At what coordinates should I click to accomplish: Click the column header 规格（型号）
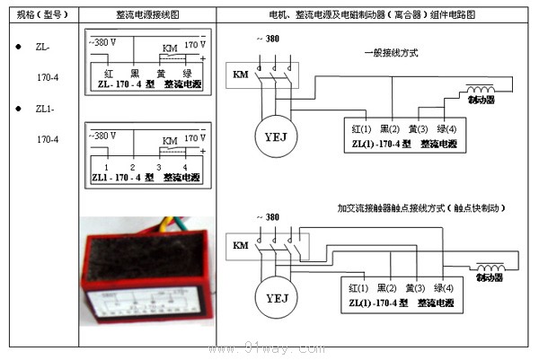pyautogui.click(x=41, y=15)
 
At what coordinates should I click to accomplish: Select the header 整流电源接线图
pyautogui.click(x=147, y=15)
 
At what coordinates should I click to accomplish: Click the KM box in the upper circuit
pyautogui.click(x=240, y=74)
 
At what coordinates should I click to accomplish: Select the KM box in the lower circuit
pyautogui.click(x=240, y=245)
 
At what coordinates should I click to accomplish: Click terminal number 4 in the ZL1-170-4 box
pyautogui.click(x=184, y=167)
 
